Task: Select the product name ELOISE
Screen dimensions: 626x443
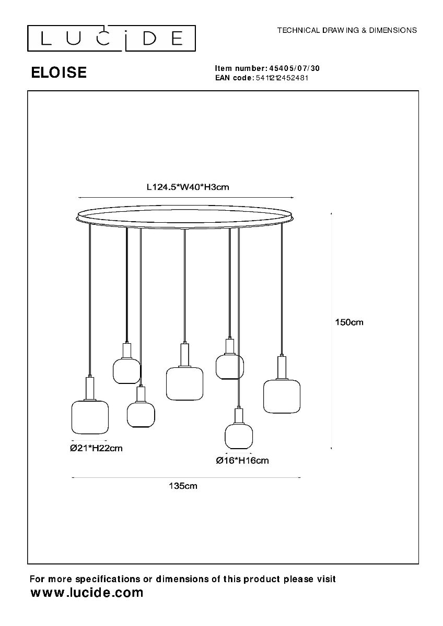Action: point(59,73)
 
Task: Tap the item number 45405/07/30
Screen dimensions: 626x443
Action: point(298,68)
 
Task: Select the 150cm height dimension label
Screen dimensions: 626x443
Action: point(349,322)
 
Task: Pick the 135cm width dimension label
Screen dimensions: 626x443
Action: point(183,486)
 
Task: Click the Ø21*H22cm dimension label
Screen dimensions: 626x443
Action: point(96,448)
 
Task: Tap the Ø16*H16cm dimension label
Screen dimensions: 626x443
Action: point(242,460)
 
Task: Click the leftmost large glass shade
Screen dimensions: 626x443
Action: point(90,417)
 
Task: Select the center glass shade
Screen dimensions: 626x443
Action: point(184,383)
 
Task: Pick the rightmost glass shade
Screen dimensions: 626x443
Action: point(282,396)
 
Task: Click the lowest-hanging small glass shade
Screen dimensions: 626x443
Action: point(239,436)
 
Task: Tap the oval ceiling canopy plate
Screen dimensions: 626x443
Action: point(185,216)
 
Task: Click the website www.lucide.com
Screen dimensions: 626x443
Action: point(87,593)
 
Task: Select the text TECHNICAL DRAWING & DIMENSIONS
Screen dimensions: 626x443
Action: point(347,30)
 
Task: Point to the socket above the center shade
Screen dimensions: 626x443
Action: point(184,355)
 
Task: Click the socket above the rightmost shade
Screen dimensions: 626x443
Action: point(282,368)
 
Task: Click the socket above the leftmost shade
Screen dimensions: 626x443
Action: point(90,388)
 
